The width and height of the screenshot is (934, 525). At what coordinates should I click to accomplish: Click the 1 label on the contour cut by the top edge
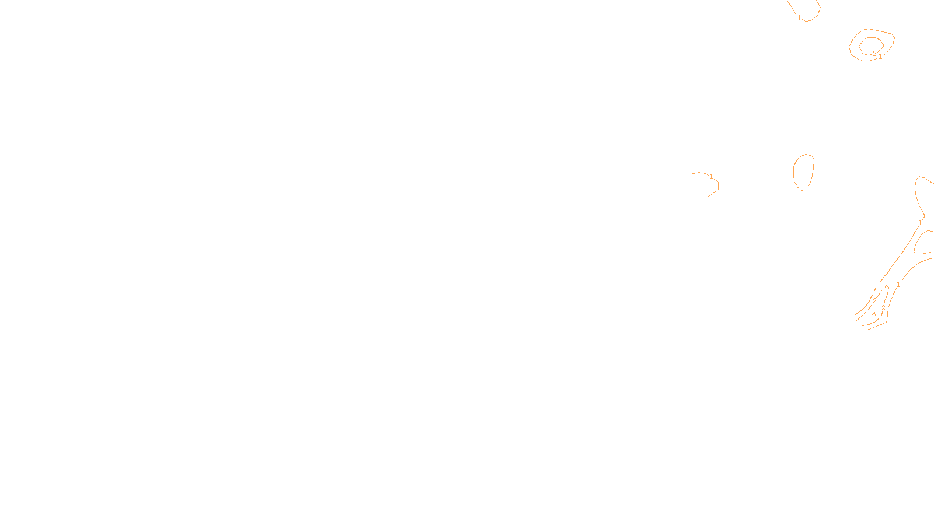799,18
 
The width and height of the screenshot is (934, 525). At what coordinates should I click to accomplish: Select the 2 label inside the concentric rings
874,53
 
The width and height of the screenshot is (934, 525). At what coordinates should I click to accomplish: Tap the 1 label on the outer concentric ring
880,57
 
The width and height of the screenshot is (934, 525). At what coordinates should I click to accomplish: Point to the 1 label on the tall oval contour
806,189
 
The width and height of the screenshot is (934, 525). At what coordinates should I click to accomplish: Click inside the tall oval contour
804,170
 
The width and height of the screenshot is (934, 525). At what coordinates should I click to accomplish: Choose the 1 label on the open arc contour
711,176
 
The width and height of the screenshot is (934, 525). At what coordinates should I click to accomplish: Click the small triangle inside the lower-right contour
873,314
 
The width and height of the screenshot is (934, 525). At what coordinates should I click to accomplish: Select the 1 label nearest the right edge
920,222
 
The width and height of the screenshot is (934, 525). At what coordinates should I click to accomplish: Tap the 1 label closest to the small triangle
898,285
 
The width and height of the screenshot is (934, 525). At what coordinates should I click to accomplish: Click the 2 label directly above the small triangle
874,300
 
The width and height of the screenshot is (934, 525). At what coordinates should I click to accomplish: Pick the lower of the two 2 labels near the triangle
883,307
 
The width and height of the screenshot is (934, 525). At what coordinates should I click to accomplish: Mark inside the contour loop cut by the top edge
807,8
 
